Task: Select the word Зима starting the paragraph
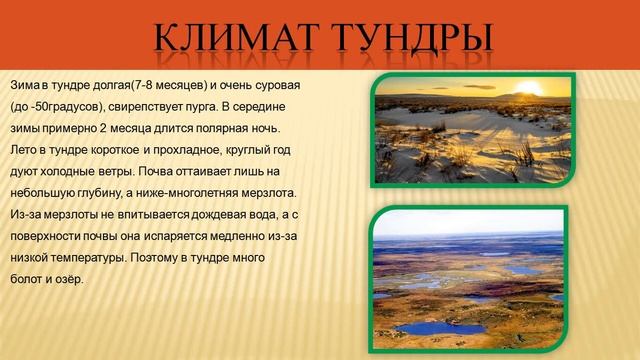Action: coord(25,86)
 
